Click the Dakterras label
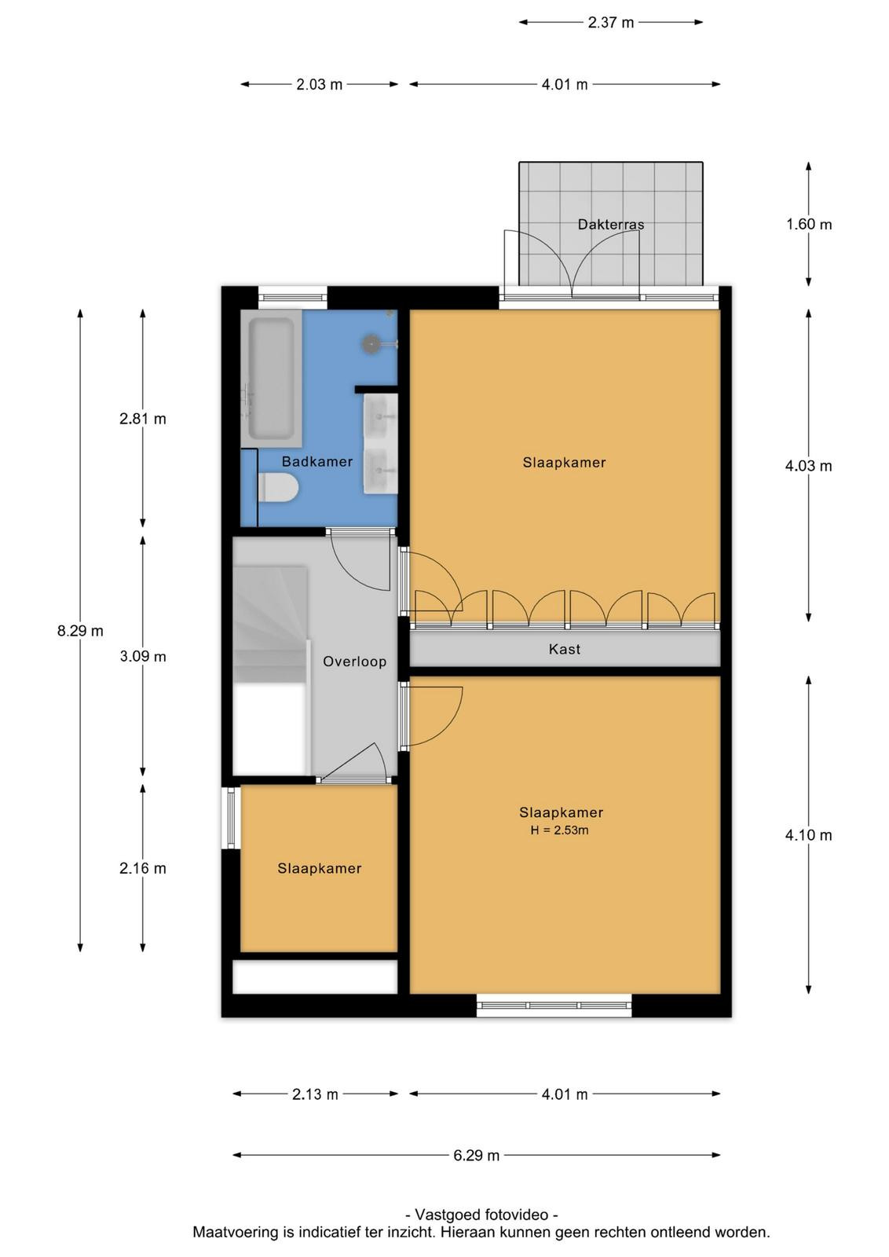[x=610, y=225]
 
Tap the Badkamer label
[x=317, y=461]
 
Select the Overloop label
[x=354, y=661]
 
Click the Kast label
[x=564, y=649]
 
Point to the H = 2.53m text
[x=559, y=830]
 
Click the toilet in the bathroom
[x=277, y=486]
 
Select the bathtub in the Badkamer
[x=272, y=379]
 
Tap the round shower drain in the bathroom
[x=371, y=343]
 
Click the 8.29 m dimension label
[x=80, y=631]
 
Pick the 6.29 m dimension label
[x=476, y=1156]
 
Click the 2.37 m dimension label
[x=611, y=23]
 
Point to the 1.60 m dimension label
[x=808, y=225]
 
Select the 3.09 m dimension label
[x=143, y=656]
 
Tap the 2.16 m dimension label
[x=143, y=868]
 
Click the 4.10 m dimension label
[x=808, y=835]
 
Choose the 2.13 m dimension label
[x=315, y=1094]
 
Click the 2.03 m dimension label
[x=319, y=85]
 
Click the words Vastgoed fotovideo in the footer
[x=481, y=1215]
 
